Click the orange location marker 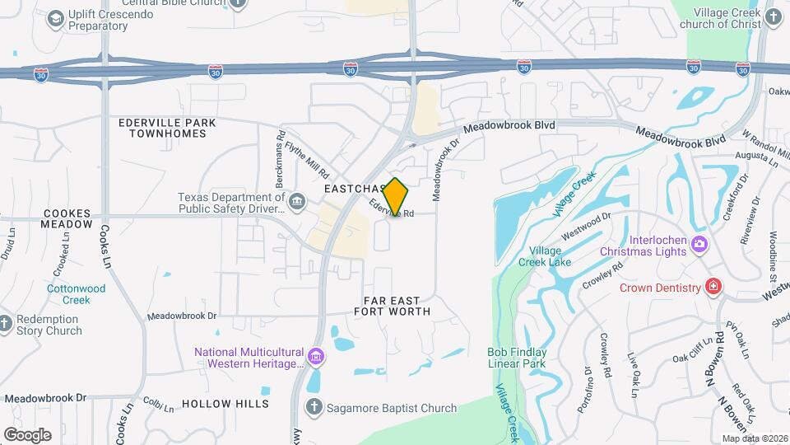click(396, 197)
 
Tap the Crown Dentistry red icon click(713, 287)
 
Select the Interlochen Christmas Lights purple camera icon click(699, 243)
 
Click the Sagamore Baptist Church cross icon click(313, 407)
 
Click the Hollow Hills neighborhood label click(225, 404)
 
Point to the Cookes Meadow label click(67, 218)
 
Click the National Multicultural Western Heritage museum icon click(316, 357)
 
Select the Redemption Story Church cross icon click(5, 325)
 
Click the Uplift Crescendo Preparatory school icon click(56, 18)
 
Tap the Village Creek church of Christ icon click(773, 17)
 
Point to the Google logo click(26, 434)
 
